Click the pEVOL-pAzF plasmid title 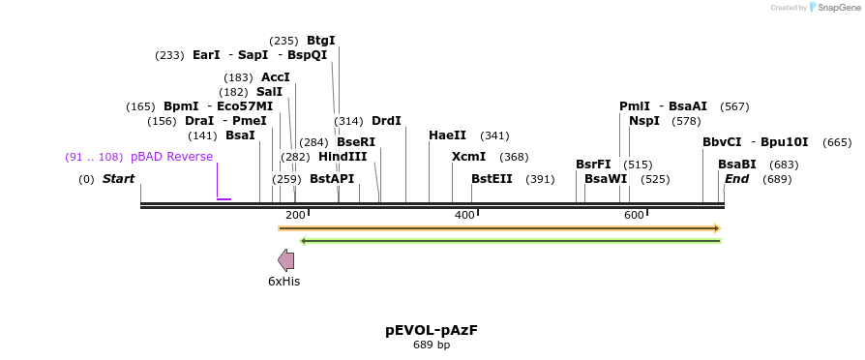coord(432,330)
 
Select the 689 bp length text coord(432,345)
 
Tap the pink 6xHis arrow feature coord(286,259)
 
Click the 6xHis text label coord(284,282)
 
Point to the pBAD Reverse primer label coord(171,157)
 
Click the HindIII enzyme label coord(343,157)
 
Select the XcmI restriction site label coord(469,157)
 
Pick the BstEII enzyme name coord(492,179)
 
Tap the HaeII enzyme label coord(447,135)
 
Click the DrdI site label coord(386,121)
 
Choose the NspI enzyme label coord(644,121)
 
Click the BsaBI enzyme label coord(737,165)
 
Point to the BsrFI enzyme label coord(593,165)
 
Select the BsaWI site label coord(606,179)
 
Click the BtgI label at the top coord(321,41)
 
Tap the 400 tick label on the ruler coord(464,215)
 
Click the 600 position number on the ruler coord(634,215)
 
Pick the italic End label coord(737,179)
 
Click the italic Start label coord(118,179)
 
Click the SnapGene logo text coord(839,8)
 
